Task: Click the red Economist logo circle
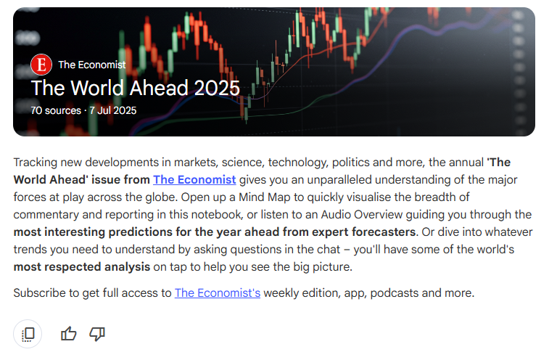point(41,65)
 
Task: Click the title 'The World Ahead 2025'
point(135,89)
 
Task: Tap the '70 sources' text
point(54,111)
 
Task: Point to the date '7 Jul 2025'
point(112,111)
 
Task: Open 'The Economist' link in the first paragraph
point(194,180)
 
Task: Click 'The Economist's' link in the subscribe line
point(217,293)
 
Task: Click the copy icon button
point(28,334)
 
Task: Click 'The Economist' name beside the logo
point(91,65)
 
